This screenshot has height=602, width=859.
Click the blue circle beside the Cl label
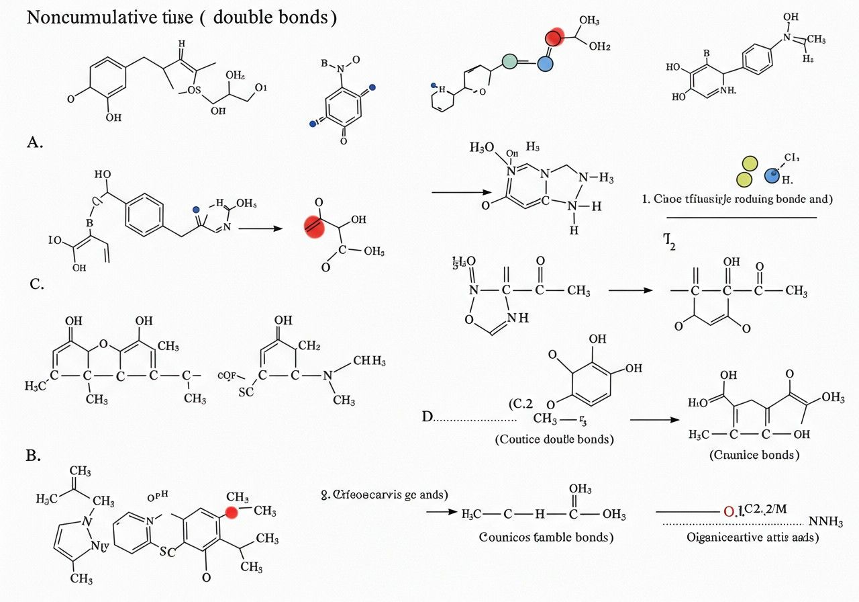pos(774,176)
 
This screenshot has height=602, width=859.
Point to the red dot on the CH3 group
pos(232,513)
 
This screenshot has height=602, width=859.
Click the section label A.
pos(36,142)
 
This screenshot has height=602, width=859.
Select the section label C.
pos(37,284)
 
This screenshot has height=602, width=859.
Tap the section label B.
pos(34,455)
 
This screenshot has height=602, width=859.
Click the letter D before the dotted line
pos(427,417)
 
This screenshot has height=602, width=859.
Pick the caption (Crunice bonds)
pos(754,455)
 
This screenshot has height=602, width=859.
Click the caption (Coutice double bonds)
pos(554,439)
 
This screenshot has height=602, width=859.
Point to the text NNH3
pos(826,522)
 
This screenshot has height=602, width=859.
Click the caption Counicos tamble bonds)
pos(546,537)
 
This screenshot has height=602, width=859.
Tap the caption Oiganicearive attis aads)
pos(752,537)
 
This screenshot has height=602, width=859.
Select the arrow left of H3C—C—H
pos(441,513)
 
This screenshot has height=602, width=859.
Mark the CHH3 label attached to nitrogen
pos(368,361)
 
